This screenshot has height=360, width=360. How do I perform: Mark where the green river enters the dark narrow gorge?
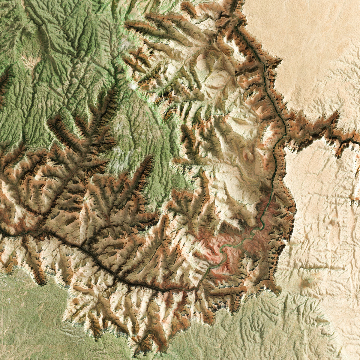coord(195,289)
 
